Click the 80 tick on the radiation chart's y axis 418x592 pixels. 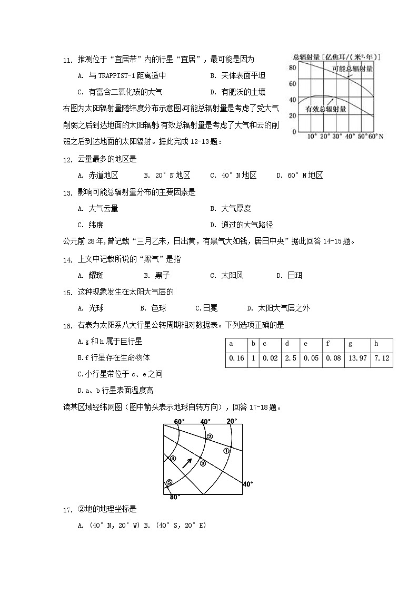292,67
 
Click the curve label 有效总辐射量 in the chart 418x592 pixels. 325,109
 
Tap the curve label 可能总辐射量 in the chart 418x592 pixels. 352,69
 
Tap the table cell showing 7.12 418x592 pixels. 381,358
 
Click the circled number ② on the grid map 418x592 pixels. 209,436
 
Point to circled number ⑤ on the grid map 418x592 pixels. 169,482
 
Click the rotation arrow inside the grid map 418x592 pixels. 186,463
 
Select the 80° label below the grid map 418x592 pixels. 175,497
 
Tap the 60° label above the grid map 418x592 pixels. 179,421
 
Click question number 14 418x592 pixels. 67,260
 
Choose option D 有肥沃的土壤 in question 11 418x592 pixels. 237,92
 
